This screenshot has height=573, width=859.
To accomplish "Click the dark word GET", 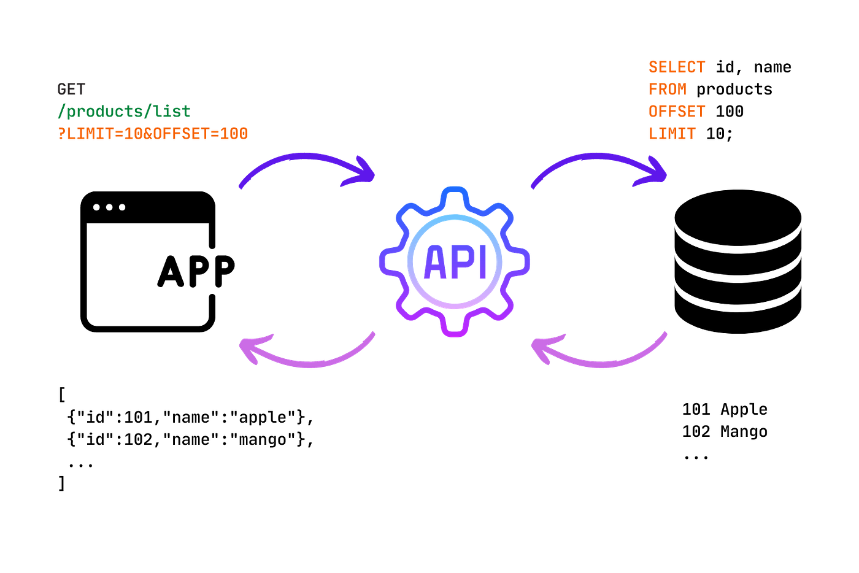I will pos(71,89).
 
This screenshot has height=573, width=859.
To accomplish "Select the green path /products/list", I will pos(124,112).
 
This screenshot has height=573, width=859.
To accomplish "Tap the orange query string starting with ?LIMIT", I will pos(153,134).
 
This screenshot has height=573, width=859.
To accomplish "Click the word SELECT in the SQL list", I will pos(677,66).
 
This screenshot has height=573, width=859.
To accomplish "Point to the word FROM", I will pos(668,89).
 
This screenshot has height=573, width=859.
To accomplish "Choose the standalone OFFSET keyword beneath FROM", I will pos(677,112).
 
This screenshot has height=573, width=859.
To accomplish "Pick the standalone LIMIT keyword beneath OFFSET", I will pos(672,134).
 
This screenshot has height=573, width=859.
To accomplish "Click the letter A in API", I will pos(436,262).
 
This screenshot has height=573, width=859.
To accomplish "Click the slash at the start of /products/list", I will pos(60,112).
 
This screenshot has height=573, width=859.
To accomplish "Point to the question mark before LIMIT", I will pos(60,134).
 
